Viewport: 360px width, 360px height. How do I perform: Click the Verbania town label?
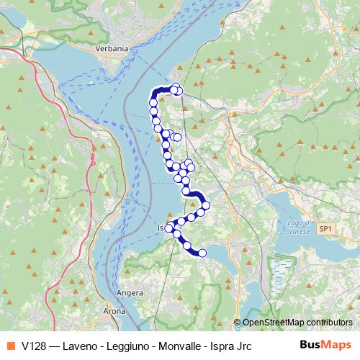coord(112,48)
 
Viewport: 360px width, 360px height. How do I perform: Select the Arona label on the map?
coord(115,312)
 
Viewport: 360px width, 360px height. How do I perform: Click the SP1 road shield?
coord(326,228)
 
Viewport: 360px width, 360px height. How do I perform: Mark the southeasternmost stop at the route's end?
coord(202,253)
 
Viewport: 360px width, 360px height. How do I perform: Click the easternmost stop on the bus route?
coord(206,206)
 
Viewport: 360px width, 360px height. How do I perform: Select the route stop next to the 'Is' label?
coord(170,228)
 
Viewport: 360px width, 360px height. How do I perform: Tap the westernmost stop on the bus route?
coord(153,104)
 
